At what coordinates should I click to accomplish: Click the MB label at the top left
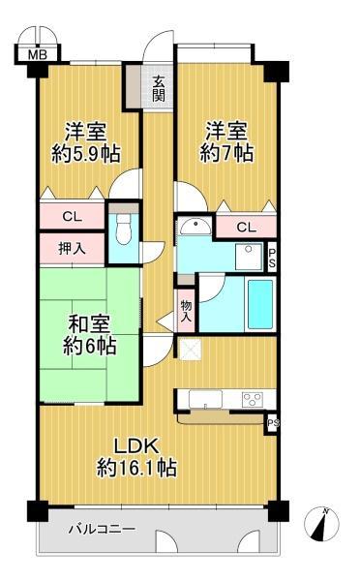tap(36, 54)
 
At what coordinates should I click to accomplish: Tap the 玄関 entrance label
tap(158, 89)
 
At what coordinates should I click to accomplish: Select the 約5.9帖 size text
tap(85, 153)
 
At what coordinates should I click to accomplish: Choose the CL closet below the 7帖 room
tap(246, 228)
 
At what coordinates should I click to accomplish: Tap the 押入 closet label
tap(71, 248)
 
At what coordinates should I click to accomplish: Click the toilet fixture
tap(122, 229)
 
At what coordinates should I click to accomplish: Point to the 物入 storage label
tap(187, 309)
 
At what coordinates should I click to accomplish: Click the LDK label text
tap(135, 446)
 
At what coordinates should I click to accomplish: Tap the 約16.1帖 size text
tap(135, 469)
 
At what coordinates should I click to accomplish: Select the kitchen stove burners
tap(254, 398)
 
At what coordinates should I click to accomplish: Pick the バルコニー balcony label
tap(102, 530)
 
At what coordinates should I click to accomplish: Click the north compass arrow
tap(322, 523)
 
